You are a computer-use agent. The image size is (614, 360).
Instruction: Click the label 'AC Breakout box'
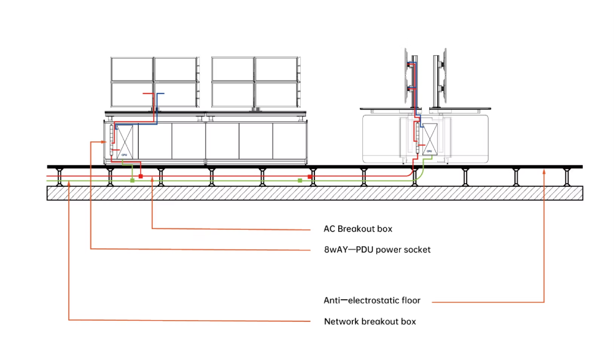[357, 229]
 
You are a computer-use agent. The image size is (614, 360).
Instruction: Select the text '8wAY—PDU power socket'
[377, 249]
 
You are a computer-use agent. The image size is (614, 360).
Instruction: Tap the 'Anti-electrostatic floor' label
[371, 300]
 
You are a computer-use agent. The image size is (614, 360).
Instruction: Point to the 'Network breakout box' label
[370, 322]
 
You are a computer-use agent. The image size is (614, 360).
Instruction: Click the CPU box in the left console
[125, 142]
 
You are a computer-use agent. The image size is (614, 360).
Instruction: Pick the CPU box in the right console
[430, 139]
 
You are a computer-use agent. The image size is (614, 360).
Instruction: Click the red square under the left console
[141, 177]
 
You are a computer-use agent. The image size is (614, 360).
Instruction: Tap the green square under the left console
[133, 180]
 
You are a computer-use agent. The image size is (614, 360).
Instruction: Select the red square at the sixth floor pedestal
[309, 177]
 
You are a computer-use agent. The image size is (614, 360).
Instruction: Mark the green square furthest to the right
[300, 180]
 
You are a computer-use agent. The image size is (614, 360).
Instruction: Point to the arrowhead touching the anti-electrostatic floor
[544, 172]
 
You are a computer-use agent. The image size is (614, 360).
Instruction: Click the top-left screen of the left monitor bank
[132, 69]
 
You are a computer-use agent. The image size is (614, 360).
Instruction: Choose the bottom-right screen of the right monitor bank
[276, 95]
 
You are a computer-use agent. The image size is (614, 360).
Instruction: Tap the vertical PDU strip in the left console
[112, 140]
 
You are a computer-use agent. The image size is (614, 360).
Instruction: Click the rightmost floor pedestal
[567, 177]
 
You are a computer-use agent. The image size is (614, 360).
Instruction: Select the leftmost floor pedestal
[60, 177]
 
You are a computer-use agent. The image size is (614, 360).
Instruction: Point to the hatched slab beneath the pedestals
[315, 193]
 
